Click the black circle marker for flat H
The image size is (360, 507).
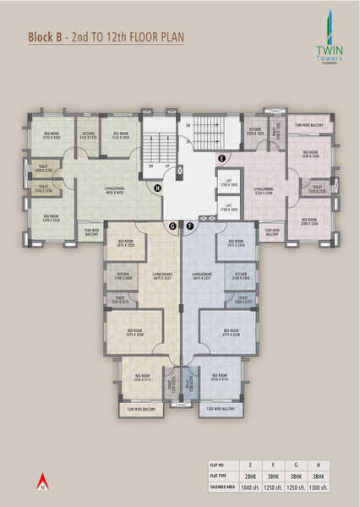click(157, 188)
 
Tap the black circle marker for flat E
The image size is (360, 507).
click(221, 159)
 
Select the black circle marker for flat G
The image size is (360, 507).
click(172, 226)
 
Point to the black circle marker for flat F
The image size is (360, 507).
click(190, 226)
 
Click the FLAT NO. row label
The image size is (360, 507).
click(221, 465)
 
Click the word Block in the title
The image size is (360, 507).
click(41, 37)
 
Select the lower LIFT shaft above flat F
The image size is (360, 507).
click(228, 207)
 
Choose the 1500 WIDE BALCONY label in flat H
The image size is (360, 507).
click(91, 231)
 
